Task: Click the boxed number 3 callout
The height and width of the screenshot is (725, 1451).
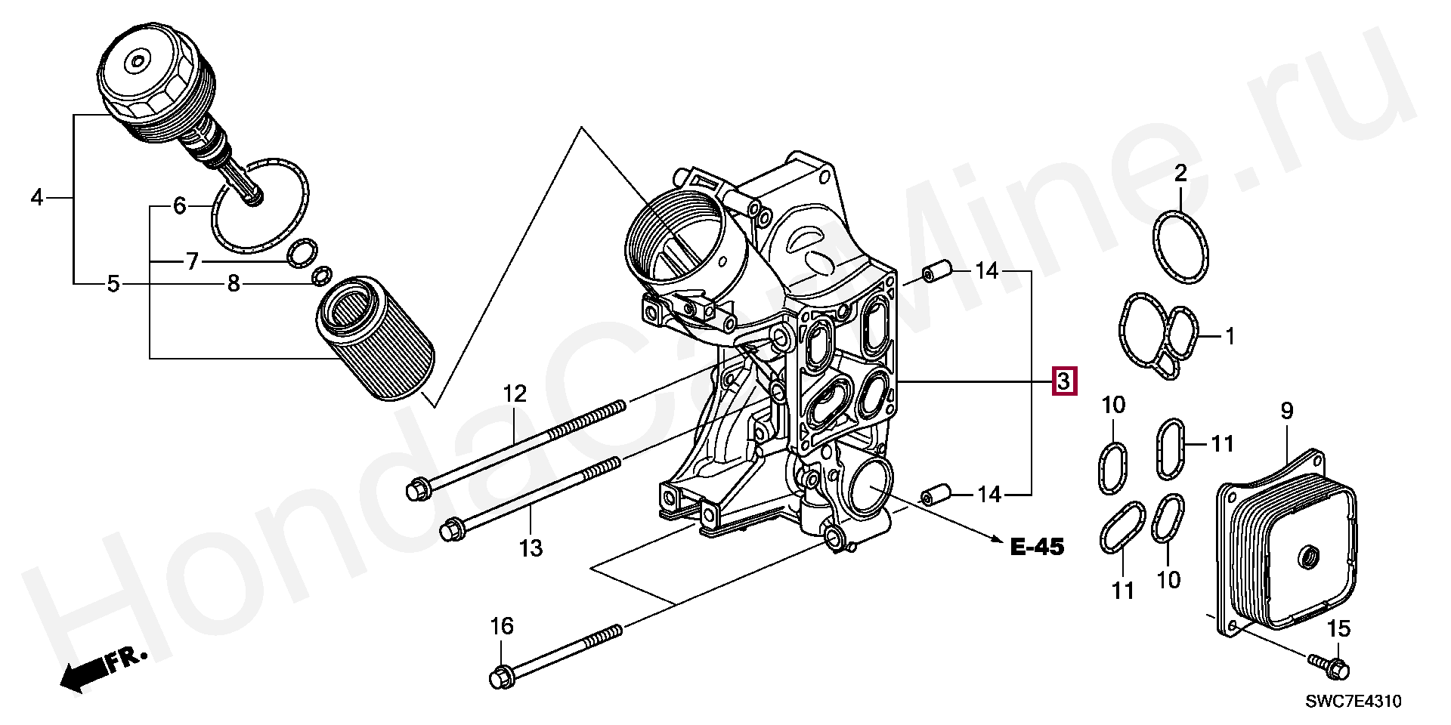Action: [x=1063, y=382]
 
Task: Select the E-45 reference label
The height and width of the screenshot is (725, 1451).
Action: [x=1037, y=547]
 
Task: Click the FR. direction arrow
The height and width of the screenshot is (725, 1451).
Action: [x=103, y=669]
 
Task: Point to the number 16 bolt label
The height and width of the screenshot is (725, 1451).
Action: [x=502, y=626]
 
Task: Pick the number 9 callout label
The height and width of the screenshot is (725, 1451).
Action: [x=1287, y=412]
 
